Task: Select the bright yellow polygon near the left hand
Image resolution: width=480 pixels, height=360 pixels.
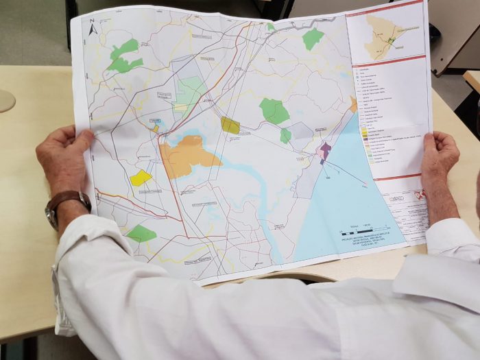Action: pyautogui.click(x=141, y=178)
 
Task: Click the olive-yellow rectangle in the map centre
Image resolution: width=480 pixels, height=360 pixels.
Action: pyautogui.click(x=230, y=125)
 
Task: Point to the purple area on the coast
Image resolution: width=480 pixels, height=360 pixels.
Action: pyautogui.click(x=325, y=149)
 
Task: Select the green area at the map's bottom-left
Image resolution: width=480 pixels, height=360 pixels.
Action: pyautogui.click(x=141, y=233)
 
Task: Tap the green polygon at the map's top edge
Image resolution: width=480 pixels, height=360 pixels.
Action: pyautogui.click(x=313, y=38)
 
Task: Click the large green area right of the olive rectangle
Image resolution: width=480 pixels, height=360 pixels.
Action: pyautogui.click(x=274, y=110)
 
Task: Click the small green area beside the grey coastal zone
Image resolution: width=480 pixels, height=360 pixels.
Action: pyautogui.click(x=285, y=136)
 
